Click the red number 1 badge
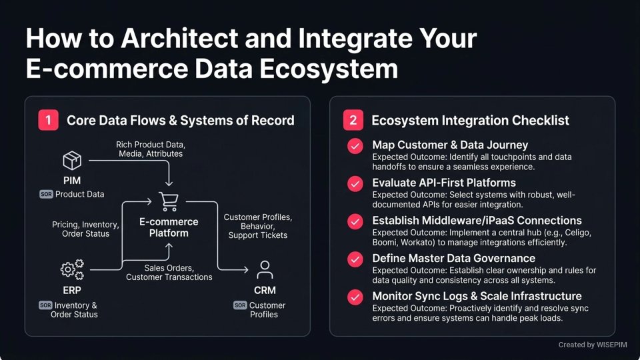[x=48, y=121]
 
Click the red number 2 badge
[x=353, y=121]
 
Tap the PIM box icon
[x=72, y=161]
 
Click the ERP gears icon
[x=72, y=269]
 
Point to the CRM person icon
[x=265, y=269]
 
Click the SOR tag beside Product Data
[x=46, y=194]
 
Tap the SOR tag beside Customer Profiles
[x=240, y=305]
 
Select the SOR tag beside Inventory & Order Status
[x=46, y=305]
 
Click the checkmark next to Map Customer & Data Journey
[x=355, y=146]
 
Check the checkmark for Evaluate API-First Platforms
[x=355, y=183]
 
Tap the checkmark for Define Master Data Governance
[x=355, y=259]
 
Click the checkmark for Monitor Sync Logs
[x=355, y=297]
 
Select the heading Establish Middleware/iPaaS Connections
[x=477, y=221]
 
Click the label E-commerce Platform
[x=169, y=227]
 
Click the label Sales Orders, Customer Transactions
[x=169, y=272]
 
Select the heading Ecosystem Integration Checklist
[x=470, y=121]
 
